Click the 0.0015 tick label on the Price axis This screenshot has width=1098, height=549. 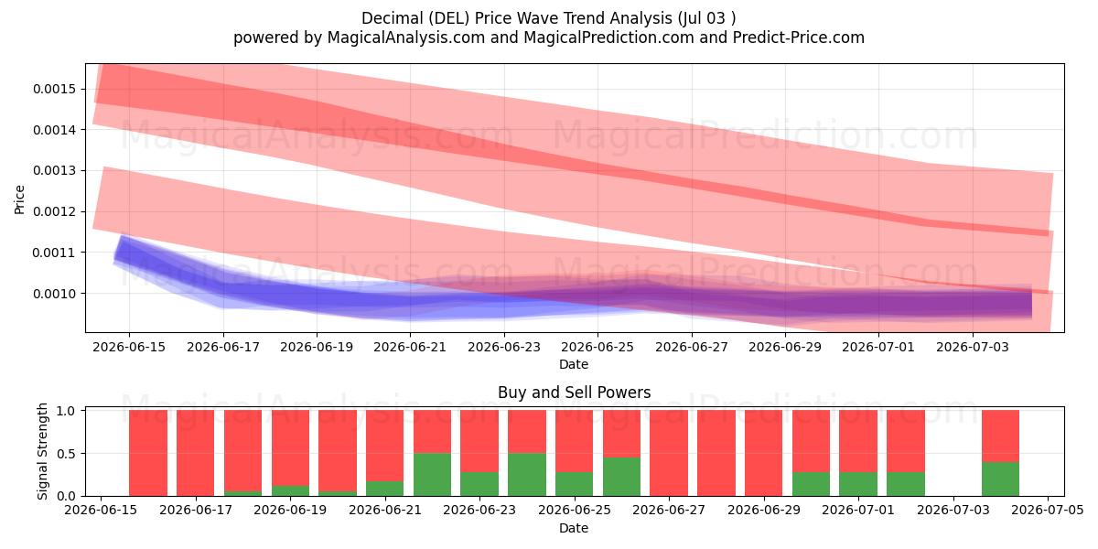(x=54, y=90)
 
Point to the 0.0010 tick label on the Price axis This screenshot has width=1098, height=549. (x=54, y=294)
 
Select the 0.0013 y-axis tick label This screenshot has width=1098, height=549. (x=54, y=170)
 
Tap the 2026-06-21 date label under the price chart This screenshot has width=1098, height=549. (x=410, y=347)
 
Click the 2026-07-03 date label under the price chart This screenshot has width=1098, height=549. (x=973, y=347)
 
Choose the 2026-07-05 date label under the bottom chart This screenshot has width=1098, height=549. (x=1048, y=510)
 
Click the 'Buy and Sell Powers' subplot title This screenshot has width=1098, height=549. (x=574, y=393)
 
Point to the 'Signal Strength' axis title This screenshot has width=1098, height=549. (x=43, y=451)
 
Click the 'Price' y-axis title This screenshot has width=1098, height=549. (x=19, y=199)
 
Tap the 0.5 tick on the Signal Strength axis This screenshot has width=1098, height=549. (x=66, y=454)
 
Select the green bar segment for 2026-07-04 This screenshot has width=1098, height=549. (x=1000, y=479)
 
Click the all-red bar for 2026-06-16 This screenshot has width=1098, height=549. (x=148, y=453)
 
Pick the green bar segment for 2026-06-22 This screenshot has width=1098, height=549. (x=432, y=475)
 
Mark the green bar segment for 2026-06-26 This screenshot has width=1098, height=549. (x=621, y=477)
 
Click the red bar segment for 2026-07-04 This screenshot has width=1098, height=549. (x=1000, y=436)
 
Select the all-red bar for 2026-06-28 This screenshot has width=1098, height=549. (x=716, y=453)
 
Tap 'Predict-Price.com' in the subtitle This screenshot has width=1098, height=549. (x=799, y=38)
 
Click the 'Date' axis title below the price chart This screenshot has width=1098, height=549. (x=574, y=364)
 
